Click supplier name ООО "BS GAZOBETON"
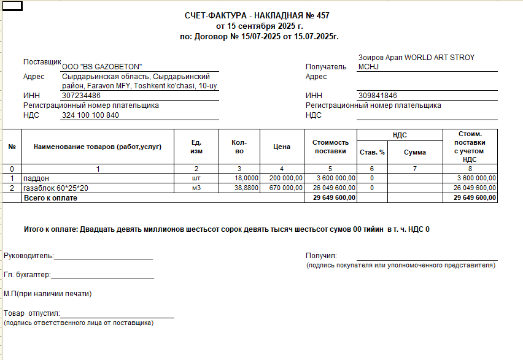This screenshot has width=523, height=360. pos(102,66)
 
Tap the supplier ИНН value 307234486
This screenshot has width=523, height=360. pos(81,96)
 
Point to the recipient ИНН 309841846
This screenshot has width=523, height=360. pos(377,96)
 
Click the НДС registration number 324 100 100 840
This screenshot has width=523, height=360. pos(90,115)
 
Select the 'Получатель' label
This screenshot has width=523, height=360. pos(326,67)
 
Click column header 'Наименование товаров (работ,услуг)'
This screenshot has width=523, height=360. pos(98,147)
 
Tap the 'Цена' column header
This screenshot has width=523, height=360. pos(282,147)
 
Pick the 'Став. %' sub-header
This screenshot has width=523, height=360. pos(372,152)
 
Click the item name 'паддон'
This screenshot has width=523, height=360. pos(36,178)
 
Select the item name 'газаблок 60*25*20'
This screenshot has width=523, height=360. pos(56,188)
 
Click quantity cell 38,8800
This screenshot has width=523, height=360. pos(246,188)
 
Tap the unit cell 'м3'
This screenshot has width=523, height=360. pos(196,188)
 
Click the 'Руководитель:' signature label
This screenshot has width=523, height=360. pos(29,256)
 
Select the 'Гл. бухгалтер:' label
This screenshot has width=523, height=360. pos(27,275)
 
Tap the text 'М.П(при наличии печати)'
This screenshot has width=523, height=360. pos(47,294)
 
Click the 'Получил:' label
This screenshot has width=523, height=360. pos(321,256)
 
